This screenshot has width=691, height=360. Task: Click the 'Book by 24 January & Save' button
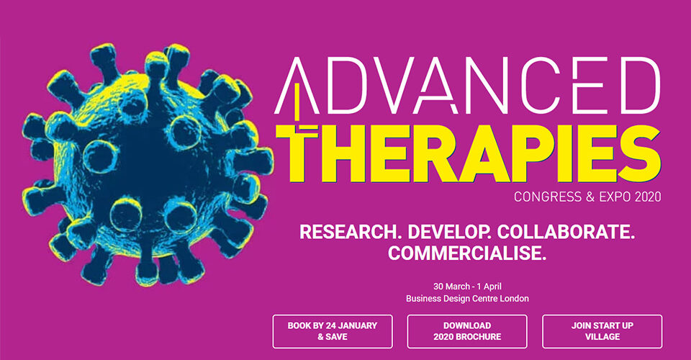click(333, 331)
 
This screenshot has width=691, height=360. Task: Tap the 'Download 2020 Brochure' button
click(467, 331)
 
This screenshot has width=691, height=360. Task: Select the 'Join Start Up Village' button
click(602, 331)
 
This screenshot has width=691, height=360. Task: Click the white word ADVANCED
click(468, 86)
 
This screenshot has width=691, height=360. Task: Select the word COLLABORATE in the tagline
click(566, 233)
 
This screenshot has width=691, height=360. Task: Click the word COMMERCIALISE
click(467, 253)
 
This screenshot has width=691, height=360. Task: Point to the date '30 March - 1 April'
click(467, 287)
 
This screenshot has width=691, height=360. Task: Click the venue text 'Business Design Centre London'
click(467, 299)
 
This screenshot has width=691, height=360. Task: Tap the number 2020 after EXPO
click(648, 197)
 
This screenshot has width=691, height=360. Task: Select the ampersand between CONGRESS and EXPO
click(590, 197)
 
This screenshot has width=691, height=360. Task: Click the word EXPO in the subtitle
click(615, 197)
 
